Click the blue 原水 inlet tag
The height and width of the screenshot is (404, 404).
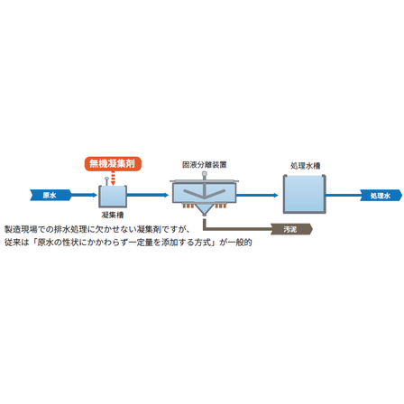pos(50,195)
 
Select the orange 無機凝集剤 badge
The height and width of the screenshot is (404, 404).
pos(113,163)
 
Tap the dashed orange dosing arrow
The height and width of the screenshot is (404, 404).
pos(113,179)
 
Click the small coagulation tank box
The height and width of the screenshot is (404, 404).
pos(113,197)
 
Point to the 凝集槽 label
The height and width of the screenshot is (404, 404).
pos(113,215)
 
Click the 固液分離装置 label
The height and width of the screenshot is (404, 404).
pos(205,165)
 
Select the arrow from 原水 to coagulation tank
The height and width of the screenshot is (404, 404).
pos(85,195)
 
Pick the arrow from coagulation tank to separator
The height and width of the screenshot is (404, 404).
pos(148,195)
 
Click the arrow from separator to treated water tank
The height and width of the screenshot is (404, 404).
pos(257,196)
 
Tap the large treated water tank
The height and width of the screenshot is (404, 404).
pos(305,194)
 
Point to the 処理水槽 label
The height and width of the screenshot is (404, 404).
pos(306,166)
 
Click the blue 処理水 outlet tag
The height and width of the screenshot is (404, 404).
pos(381,196)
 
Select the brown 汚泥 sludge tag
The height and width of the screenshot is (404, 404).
pos(291,229)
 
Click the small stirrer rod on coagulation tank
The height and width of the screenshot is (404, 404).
pos(106,181)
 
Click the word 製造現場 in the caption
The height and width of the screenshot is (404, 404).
pos(21,230)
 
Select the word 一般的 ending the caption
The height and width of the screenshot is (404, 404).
pos(240,243)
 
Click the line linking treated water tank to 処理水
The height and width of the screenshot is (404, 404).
pos(344,196)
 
